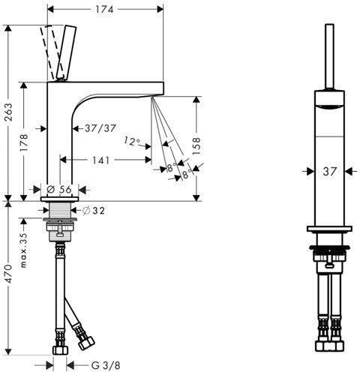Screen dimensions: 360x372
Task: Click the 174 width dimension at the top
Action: pyautogui.click(x=104, y=10)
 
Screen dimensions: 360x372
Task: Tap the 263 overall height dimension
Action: pyautogui.click(x=9, y=112)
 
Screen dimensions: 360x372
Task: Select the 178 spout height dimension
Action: pyautogui.click(x=24, y=142)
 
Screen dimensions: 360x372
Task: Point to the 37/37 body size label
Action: pyautogui.click(x=100, y=128)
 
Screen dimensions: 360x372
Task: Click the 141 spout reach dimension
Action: pyautogui.click(x=101, y=160)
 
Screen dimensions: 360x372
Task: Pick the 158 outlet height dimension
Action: pyautogui.click(x=196, y=146)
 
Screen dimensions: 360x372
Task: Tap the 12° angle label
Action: pyautogui.click(x=132, y=141)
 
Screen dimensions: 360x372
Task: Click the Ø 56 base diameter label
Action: pyautogui.click(x=59, y=189)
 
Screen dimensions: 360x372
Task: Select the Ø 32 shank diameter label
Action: pyautogui.click(x=94, y=211)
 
